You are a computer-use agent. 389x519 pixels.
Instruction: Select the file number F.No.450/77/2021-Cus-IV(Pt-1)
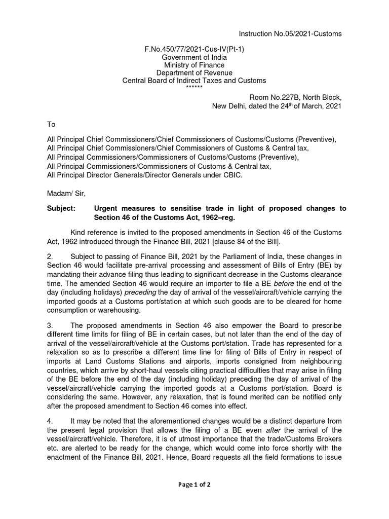194,49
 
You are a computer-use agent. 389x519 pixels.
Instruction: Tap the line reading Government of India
194,57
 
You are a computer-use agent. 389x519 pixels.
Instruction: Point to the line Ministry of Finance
194,65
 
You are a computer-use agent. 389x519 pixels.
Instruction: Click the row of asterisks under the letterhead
194,88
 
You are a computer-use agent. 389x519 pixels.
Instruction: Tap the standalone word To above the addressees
51,124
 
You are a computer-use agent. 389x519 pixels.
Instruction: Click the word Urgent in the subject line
107,209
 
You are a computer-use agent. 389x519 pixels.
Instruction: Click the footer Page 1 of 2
194,484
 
